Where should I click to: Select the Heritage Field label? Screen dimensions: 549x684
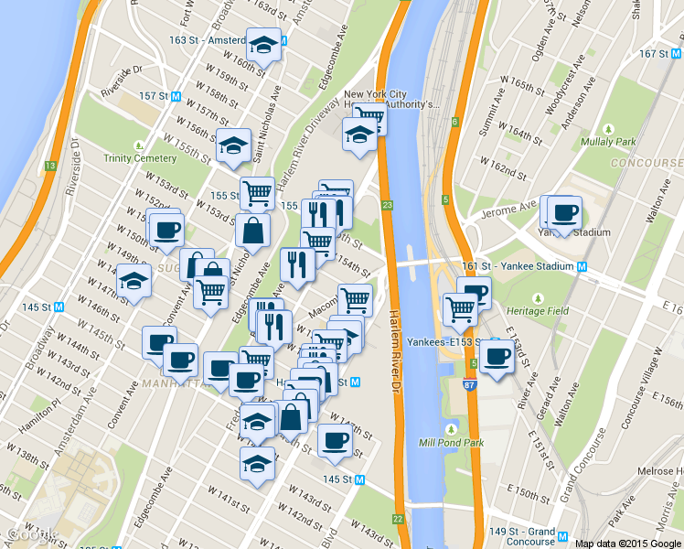pos(539,311)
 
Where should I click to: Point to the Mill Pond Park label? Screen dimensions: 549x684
pos(450,442)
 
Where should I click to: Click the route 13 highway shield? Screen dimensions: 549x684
pos(51,166)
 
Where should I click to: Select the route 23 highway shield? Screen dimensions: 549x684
pos(388,205)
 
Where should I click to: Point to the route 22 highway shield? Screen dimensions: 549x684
pos(398,519)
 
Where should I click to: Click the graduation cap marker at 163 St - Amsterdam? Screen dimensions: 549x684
pos(263,44)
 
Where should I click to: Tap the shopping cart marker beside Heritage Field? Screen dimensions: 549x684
pos(459,309)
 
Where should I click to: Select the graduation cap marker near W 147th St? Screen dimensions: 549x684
pos(134,280)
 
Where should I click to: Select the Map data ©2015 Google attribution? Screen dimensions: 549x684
pos(627,543)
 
